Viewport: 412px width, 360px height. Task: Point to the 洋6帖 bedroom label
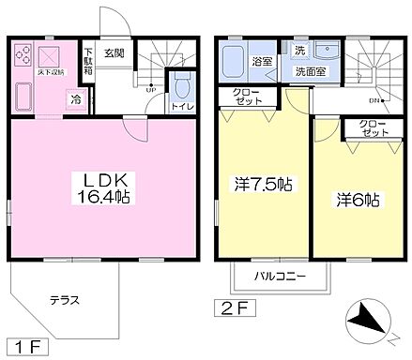pos(358,199)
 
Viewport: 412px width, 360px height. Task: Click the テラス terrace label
pos(64,300)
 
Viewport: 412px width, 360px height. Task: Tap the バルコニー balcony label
pos(281,277)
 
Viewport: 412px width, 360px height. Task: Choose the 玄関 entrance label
pos(115,52)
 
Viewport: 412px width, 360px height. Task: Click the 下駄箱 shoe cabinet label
pos(87,60)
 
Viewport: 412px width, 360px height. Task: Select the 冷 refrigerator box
pos(74,97)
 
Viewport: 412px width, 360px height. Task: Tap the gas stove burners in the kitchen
pos(22,54)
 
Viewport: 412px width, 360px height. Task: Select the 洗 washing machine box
pos(299,50)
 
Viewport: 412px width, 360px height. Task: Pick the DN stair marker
pos(374,100)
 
